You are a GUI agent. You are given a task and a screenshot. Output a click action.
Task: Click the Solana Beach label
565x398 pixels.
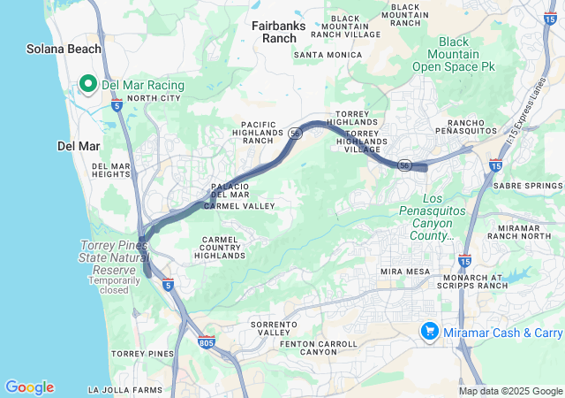pyautogui.click(x=64, y=50)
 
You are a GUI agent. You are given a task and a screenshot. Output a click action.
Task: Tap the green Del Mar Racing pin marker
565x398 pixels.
pyautogui.click(x=88, y=84)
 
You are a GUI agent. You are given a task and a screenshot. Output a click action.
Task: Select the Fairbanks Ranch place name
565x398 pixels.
pyautogui.click(x=278, y=32)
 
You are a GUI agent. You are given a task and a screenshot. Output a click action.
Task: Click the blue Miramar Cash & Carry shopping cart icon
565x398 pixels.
pyautogui.click(x=429, y=331)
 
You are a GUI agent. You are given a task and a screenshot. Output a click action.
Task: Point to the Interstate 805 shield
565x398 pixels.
pyautogui.click(x=207, y=341)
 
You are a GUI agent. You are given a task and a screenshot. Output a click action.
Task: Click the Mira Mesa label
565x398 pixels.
pyautogui.click(x=403, y=271)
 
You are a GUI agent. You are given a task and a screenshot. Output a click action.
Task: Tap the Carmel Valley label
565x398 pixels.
pyautogui.click(x=239, y=206)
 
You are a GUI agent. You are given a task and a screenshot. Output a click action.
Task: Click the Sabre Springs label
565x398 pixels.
pyautogui.click(x=528, y=187)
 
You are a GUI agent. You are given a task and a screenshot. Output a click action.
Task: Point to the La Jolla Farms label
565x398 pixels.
pyautogui.click(x=125, y=389)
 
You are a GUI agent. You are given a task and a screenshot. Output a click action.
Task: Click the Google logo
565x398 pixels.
pyautogui.click(x=29, y=387)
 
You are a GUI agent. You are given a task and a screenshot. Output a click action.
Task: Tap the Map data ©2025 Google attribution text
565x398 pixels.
pyautogui.click(x=511, y=391)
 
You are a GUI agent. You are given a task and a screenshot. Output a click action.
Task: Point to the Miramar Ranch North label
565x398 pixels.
pyautogui.click(x=525, y=233)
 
